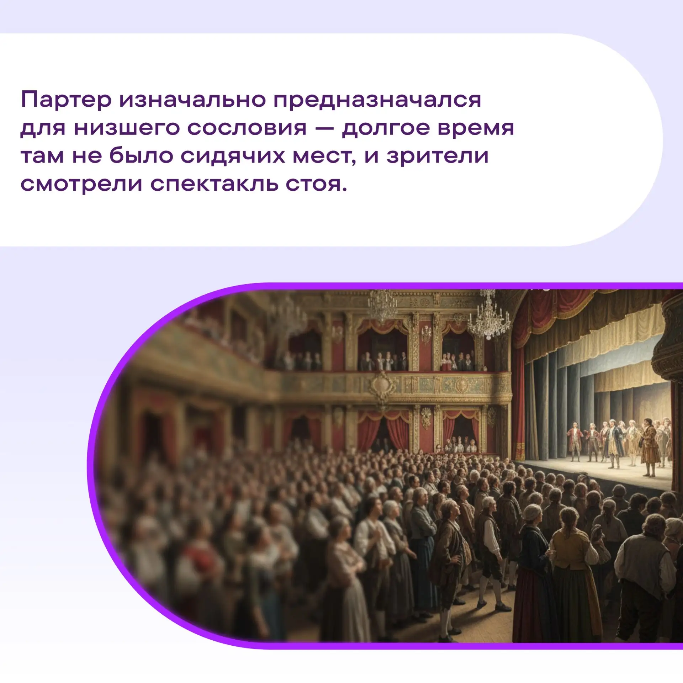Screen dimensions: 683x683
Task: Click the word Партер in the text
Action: (66, 100)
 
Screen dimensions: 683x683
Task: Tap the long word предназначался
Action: (377, 100)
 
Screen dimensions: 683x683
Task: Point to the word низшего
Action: (126, 128)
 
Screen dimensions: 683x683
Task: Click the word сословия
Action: (247, 128)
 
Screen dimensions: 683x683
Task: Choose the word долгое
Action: (386, 128)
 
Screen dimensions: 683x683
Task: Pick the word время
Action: (476, 128)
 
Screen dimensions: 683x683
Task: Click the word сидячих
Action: (233, 156)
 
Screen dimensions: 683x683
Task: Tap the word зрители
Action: (438, 157)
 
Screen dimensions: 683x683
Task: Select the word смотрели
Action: (81, 185)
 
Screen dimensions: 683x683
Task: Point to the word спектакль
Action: (214, 185)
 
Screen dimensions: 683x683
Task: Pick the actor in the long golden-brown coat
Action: (650, 448)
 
